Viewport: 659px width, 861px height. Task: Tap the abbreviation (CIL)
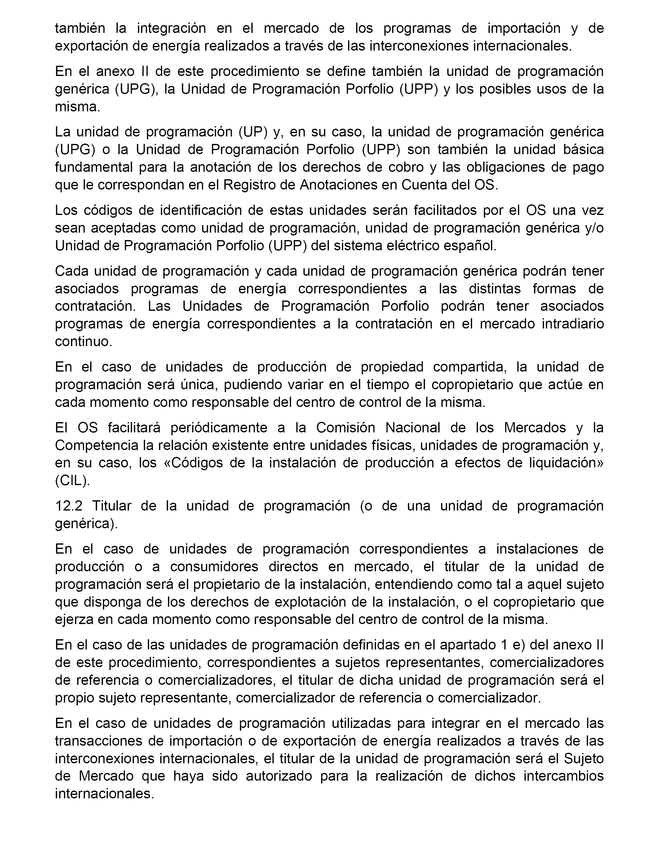(x=73, y=481)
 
